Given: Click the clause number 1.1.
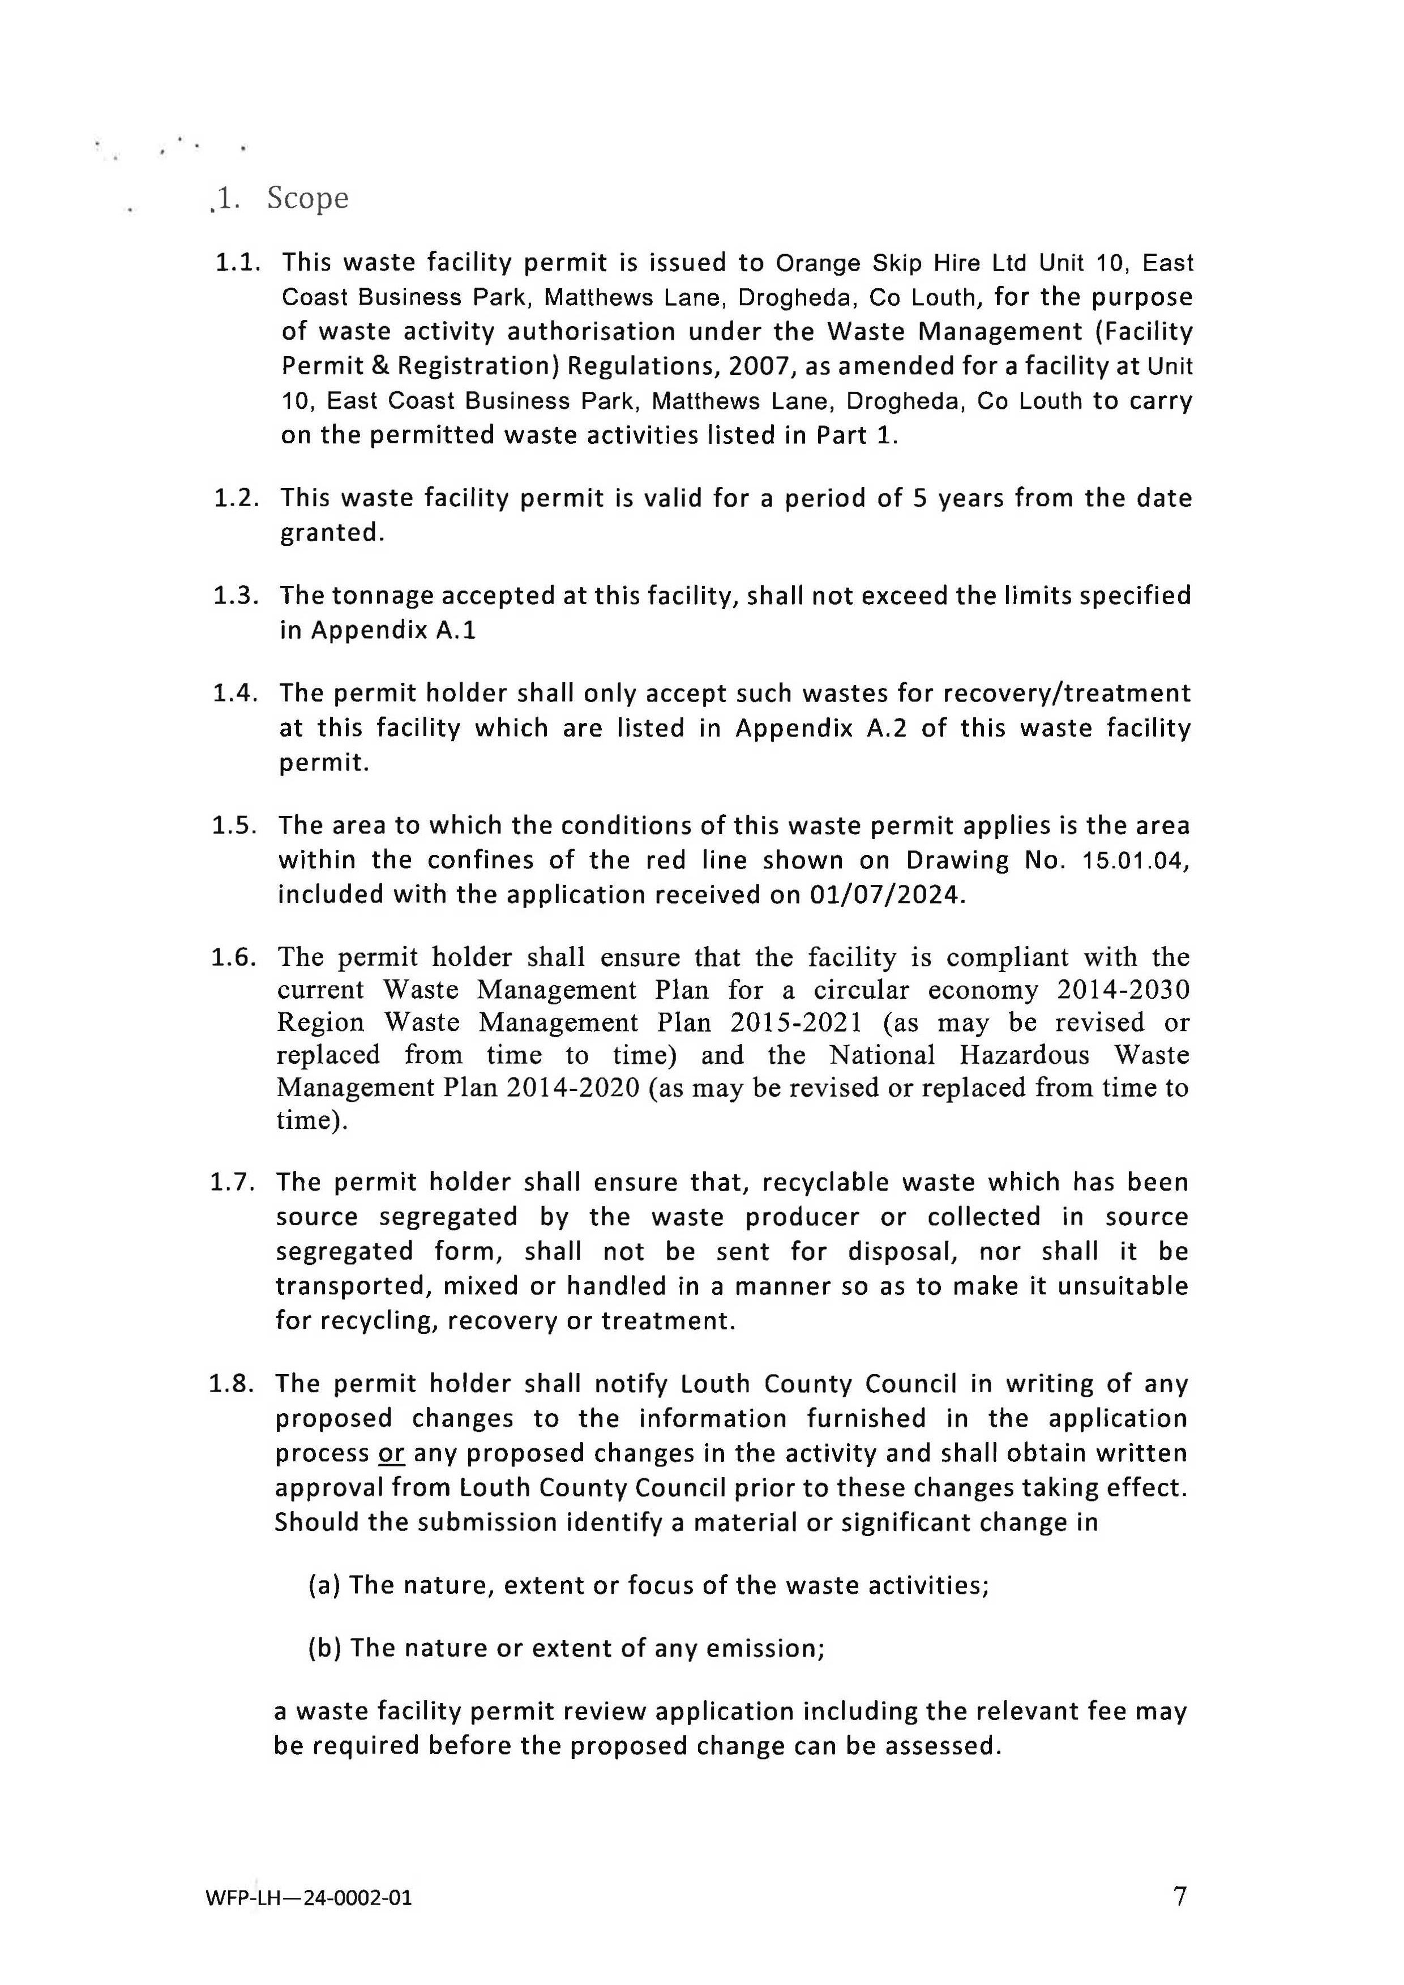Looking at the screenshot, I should tap(237, 262).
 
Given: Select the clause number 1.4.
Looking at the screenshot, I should tap(235, 694).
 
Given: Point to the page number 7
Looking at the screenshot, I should tap(1180, 1896).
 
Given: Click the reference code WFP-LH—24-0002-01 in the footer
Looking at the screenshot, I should tap(309, 1898).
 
